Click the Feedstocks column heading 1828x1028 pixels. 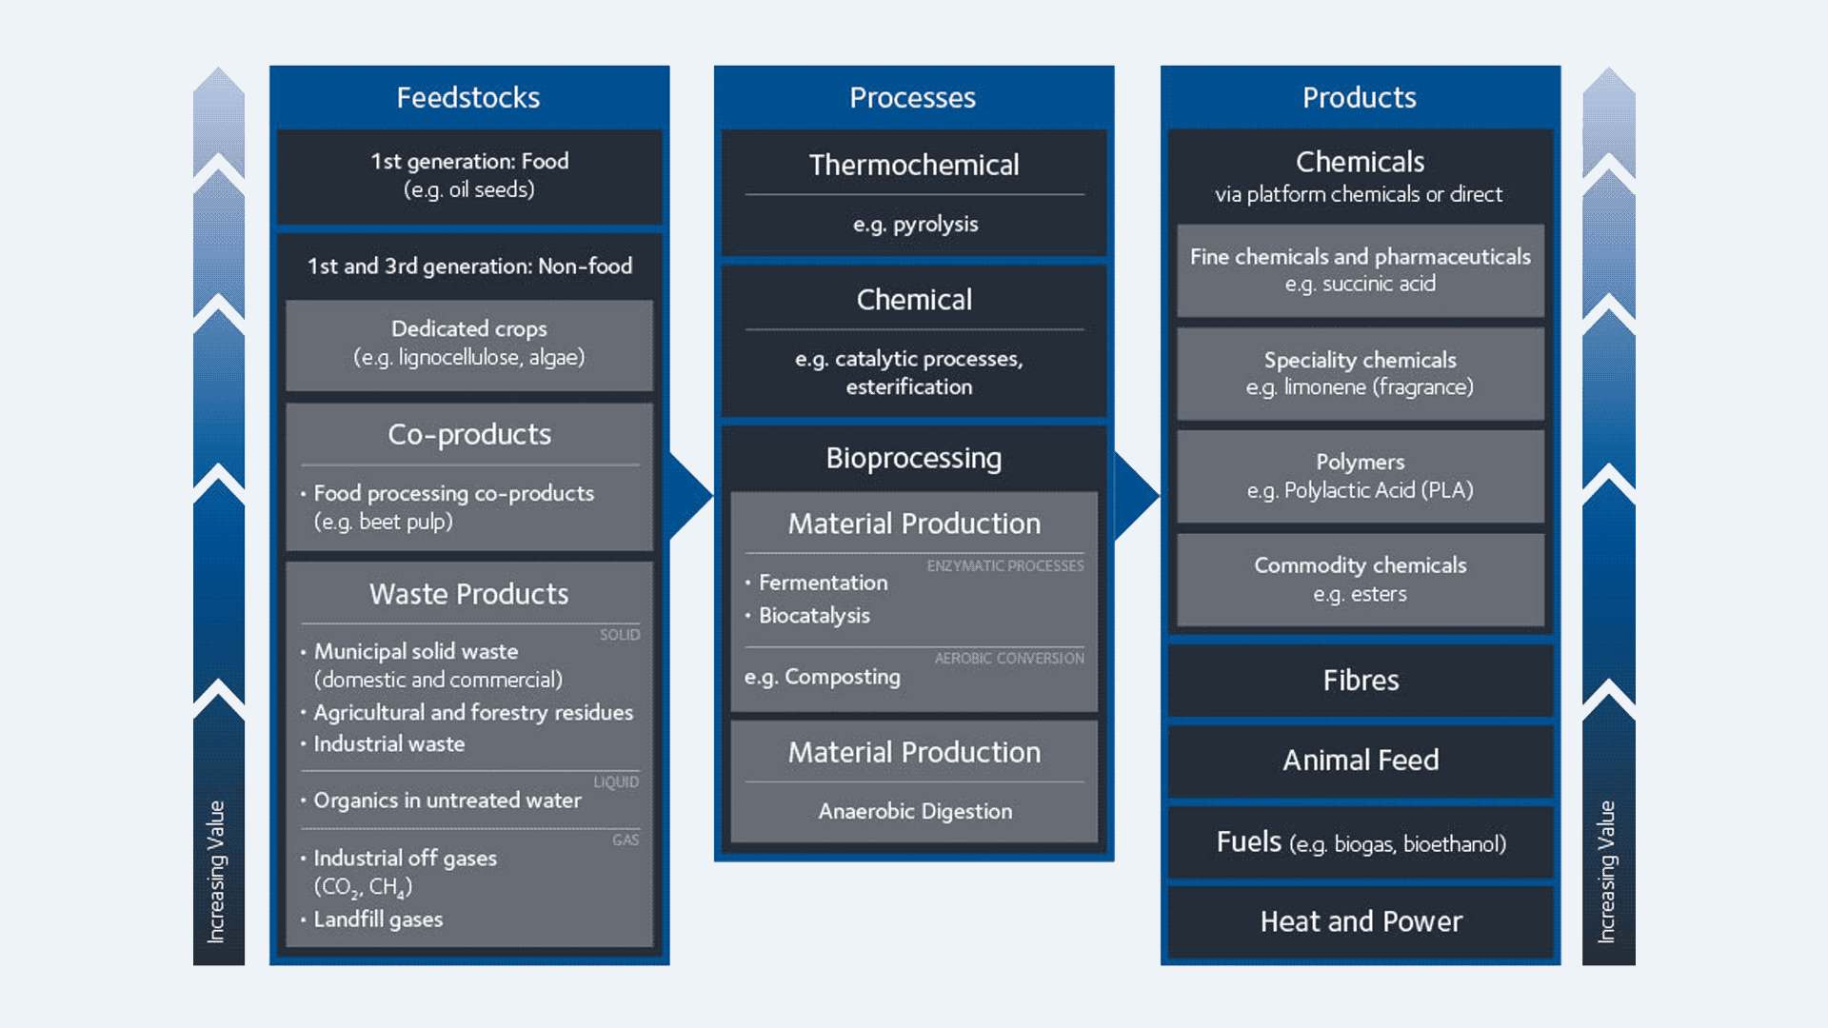(468, 97)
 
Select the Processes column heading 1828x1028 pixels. (912, 97)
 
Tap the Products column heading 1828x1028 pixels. (1359, 97)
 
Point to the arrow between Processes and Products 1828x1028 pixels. (1136, 495)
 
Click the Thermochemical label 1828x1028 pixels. (914, 165)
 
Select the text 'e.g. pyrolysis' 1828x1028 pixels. (915, 225)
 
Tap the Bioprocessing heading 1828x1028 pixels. (914, 458)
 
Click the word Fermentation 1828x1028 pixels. (823, 583)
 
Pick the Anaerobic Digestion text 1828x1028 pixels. (915, 811)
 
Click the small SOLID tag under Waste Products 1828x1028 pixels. (620, 635)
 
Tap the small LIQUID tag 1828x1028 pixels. (616, 782)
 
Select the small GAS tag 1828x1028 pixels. (626, 840)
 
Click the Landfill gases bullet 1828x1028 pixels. (378, 919)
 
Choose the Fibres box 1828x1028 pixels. (1361, 681)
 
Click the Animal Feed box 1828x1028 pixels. (1361, 761)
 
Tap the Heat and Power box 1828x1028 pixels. (1361, 921)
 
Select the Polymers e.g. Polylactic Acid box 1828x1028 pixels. (1361, 476)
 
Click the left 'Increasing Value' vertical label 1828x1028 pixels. (217, 871)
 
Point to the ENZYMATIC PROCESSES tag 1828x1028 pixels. (1005, 566)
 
